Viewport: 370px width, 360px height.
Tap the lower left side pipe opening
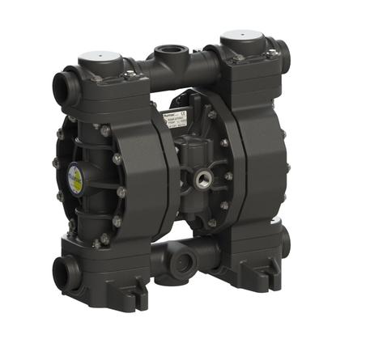point(62,274)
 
